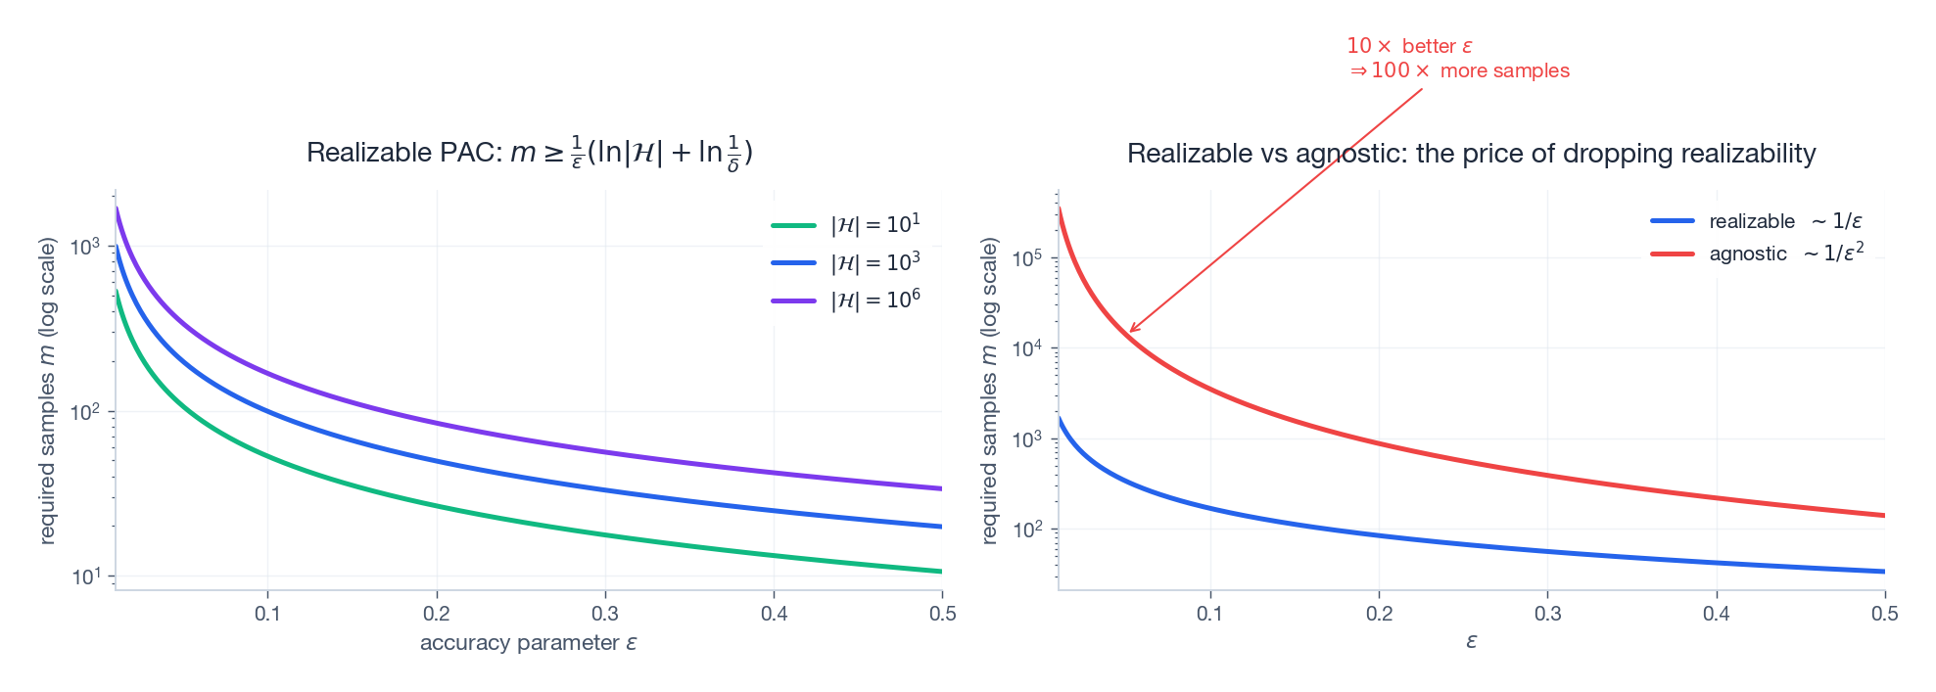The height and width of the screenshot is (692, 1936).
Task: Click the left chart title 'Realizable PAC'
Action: [529, 154]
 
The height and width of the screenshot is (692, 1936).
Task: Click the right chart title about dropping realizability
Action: [1471, 154]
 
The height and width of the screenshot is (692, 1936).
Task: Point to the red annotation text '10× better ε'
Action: [1409, 46]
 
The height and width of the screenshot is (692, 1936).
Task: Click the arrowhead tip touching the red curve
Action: [1130, 332]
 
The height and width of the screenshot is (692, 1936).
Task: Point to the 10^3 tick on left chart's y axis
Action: [86, 247]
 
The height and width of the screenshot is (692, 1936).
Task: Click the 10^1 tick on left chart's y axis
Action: [86, 577]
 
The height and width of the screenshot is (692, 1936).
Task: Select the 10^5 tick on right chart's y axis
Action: [1027, 258]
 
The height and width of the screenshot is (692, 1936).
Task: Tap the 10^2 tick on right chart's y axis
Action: [1027, 530]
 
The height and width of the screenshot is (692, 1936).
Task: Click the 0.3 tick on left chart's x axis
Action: [605, 614]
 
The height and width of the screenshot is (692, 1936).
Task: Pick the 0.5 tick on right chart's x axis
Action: [1884, 614]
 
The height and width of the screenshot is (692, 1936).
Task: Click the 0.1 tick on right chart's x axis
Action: [1210, 614]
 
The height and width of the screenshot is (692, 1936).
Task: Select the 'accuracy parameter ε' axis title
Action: [529, 643]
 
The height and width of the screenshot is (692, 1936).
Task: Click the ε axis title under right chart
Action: [1471, 642]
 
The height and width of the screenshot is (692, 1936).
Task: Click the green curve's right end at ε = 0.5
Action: [940, 571]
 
